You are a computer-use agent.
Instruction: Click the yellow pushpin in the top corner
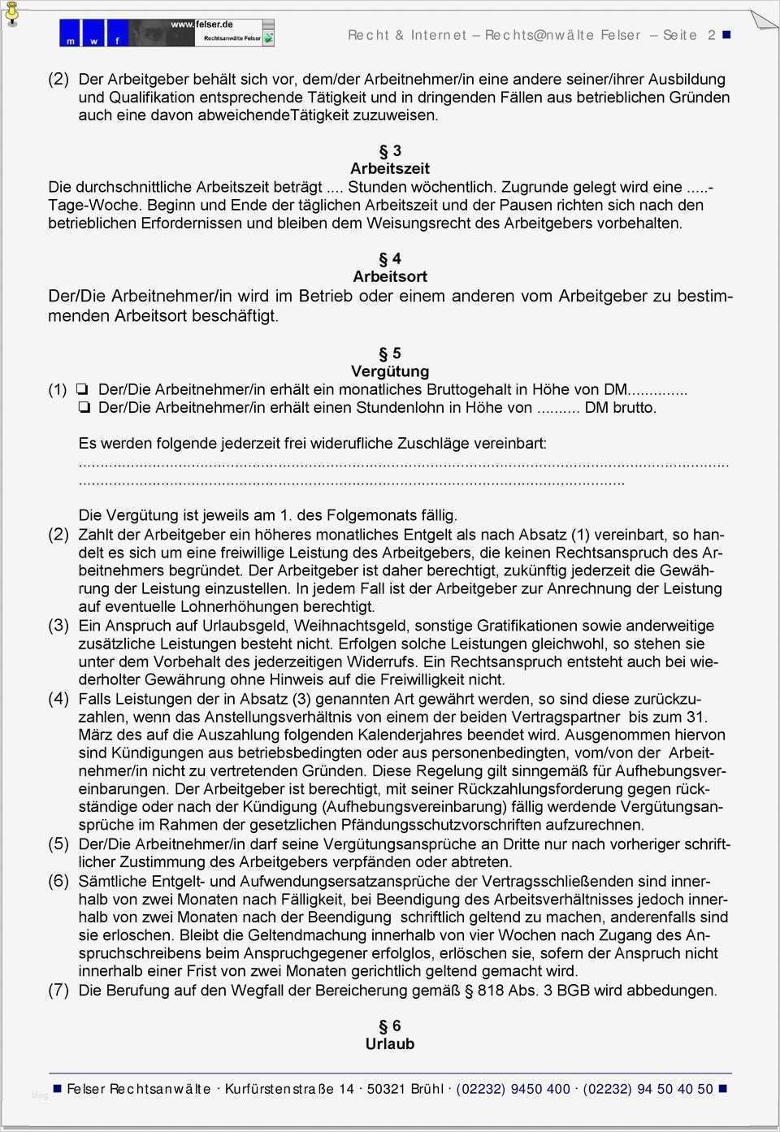[x=11, y=13]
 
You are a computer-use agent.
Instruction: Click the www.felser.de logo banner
[x=167, y=33]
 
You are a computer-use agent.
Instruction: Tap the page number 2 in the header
[x=712, y=35]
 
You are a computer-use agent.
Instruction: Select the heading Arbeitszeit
[x=390, y=169]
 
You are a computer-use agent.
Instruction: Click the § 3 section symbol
[x=390, y=151]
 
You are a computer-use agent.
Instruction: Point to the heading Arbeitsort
[x=390, y=277]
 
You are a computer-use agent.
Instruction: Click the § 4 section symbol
[x=390, y=259]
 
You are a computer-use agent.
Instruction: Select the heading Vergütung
[x=390, y=371]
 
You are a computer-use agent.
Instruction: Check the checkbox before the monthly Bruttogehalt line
[x=84, y=390]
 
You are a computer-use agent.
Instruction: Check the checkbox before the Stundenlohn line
[x=84, y=408]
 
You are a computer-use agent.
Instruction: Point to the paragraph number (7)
[x=58, y=990]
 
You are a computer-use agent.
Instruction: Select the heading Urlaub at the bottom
[x=390, y=1044]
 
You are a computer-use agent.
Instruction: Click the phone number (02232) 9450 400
[x=513, y=1089]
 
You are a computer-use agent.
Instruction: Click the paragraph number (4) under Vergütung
[x=58, y=699]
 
